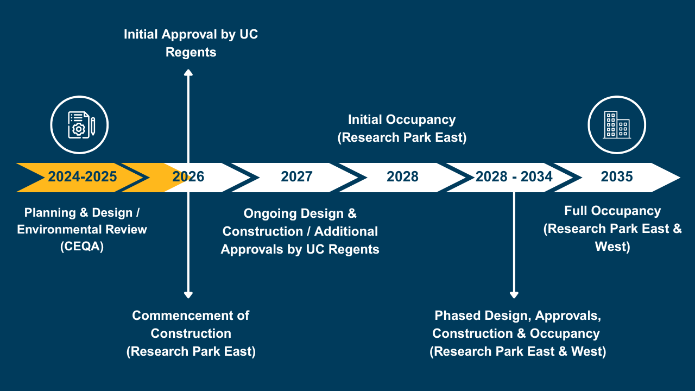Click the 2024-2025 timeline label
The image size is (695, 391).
(x=82, y=176)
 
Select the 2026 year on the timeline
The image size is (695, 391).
(x=188, y=176)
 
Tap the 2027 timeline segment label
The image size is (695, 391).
(x=296, y=176)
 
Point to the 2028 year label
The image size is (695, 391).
(x=402, y=176)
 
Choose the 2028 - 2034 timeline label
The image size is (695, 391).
(x=514, y=176)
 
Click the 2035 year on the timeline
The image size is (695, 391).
(x=617, y=176)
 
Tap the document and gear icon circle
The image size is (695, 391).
(x=79, y=125)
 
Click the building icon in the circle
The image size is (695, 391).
(x=617, y=125)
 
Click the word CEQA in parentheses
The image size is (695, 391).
(x=82, y=247)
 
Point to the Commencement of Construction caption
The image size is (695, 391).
(x=191, y=316)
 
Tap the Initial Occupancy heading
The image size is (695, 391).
(x=402, y=119)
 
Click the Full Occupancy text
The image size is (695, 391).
(x=612, y=211)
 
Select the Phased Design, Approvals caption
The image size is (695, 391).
(x=517, y=316)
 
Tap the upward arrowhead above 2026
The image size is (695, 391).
(x=188, y=73)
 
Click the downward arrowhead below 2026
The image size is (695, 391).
(x=188, y=294)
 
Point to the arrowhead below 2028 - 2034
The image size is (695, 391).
(x=514, y=294)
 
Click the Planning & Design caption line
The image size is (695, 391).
(x=82, y=211)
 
